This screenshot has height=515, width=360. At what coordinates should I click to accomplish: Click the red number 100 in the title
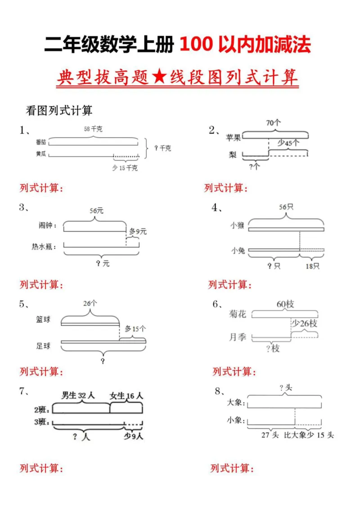(196, 46)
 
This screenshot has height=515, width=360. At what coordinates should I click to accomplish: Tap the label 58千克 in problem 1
(93, 129)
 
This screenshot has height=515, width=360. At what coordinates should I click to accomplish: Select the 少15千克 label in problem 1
(125, 168)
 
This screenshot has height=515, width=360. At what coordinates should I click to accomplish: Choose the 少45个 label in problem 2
(288, 143)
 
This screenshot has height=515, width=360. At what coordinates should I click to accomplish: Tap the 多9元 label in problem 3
(138, 232)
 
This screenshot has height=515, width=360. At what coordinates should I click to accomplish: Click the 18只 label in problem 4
(312, 266)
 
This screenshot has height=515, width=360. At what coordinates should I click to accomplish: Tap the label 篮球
(43, 320)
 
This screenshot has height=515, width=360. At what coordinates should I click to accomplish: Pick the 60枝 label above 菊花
(285, 305)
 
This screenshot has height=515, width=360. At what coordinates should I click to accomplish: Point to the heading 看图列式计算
(59, 110)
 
